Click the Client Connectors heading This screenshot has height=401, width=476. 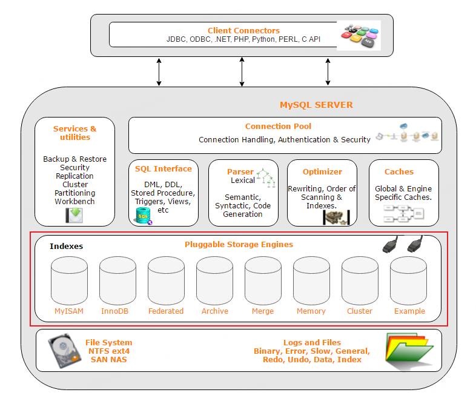(x=243, y=30)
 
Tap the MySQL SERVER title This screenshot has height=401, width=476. (x=316, y=105)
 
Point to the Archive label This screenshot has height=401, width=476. (x=214, y=311)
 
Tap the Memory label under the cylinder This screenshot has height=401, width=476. (x=311, y=311)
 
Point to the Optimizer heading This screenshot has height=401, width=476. (x=322, y=171)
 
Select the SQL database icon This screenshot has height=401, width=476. (x=144, y=216)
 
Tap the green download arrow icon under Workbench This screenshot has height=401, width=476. (x=74, y=215)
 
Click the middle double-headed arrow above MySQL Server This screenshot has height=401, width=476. (x=242, y=72)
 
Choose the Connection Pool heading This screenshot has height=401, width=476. (x=278, y=126)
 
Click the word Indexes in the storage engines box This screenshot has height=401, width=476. (x=66, y=246)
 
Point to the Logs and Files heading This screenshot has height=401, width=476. (x=312, y=342)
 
